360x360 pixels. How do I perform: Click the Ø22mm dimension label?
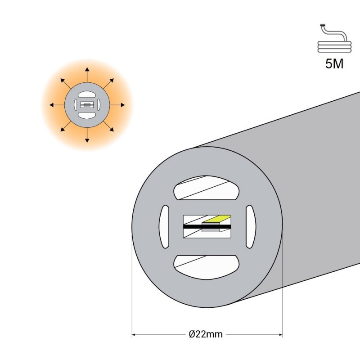(x=206, y=334)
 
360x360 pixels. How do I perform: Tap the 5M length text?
(x=334, y=64)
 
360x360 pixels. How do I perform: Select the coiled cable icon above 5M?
(x=334, y=38)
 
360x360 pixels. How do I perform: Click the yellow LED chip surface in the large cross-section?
(x=217, y=219)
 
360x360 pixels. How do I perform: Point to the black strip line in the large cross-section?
(x=207, y=227)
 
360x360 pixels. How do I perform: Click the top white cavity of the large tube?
(x=207, y=188)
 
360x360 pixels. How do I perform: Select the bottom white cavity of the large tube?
(x=207, y=267)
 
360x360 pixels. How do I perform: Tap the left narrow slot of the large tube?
(x=164, y=227)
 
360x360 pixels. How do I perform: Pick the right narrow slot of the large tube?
(x=251, y=227)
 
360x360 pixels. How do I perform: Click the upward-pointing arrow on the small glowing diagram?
(x=87, y=75)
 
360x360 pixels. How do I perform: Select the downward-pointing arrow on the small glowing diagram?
(x=87, y=135)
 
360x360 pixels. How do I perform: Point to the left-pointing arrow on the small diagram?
(x=57, y=105)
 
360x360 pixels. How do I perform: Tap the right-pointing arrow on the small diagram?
(x=117, y=105)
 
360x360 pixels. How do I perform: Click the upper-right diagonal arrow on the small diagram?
(x=108, y=84)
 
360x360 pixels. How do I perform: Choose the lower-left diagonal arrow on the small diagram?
(x=66, y=126)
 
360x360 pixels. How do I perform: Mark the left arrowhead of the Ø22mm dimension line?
(x=133, y=334)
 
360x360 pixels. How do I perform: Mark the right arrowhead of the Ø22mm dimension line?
(x=280, y=334)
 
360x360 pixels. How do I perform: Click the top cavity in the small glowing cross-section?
(x=87, y=94)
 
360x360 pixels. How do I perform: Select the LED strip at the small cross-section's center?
(x=87, y=105)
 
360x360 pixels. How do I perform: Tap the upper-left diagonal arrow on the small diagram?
(x=66, y=84)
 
